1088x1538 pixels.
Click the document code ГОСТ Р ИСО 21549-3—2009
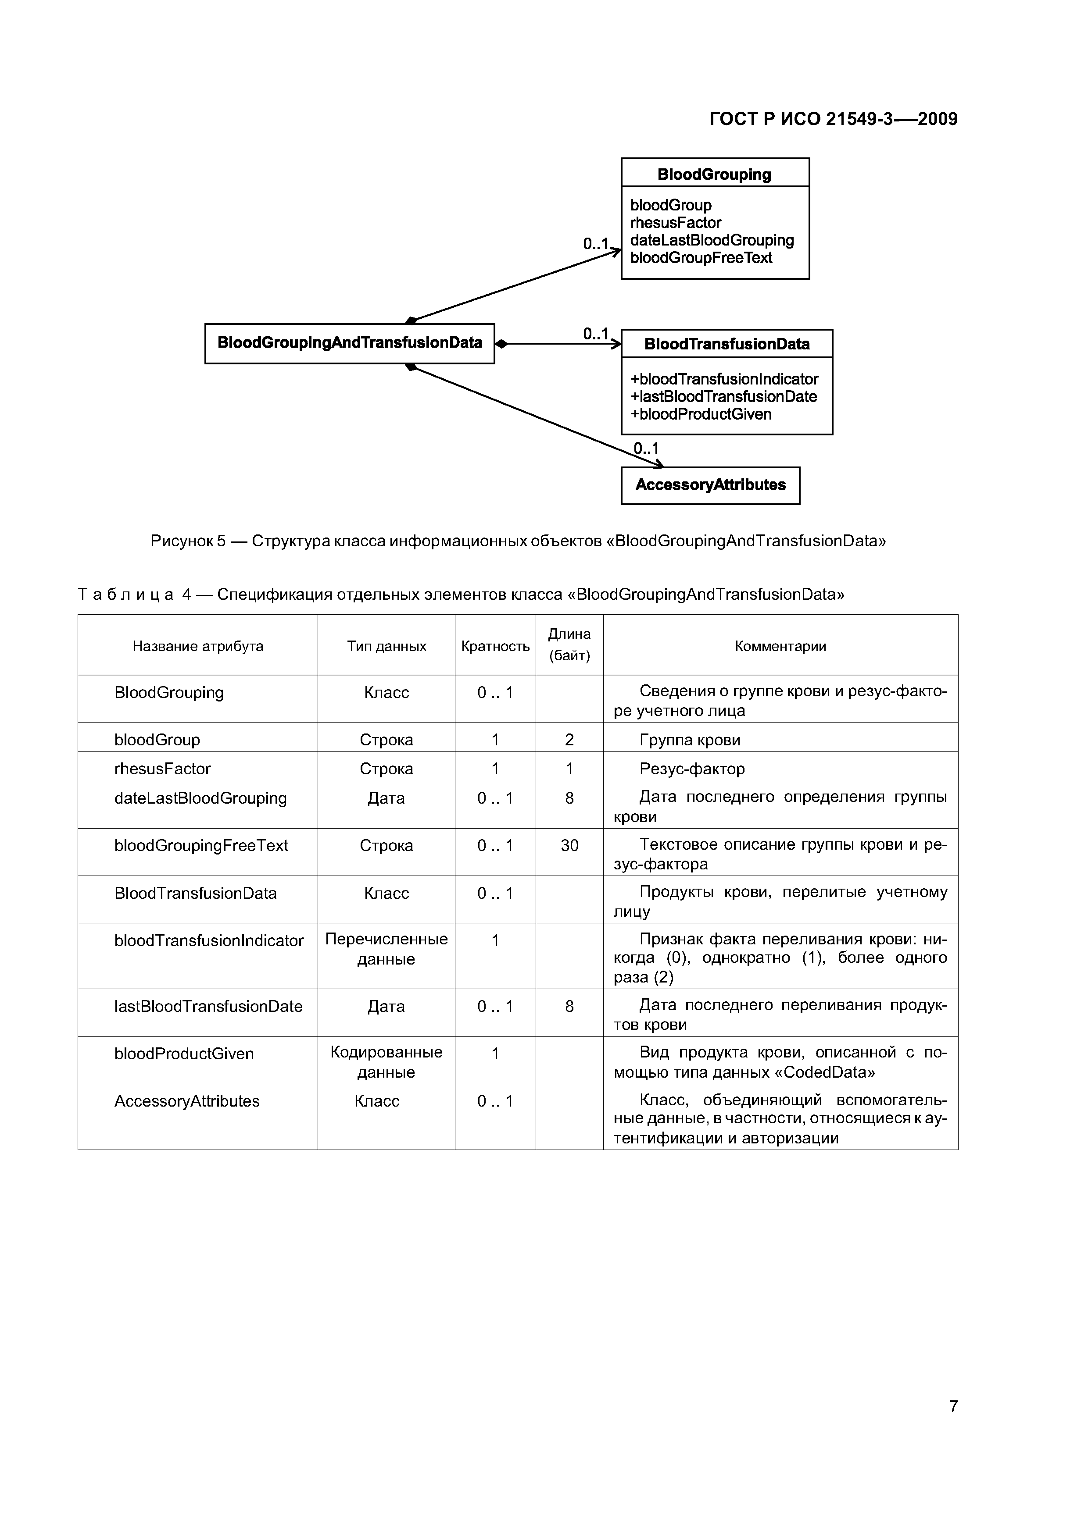click(833, 119)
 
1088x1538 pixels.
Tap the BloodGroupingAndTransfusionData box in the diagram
click(349, 343)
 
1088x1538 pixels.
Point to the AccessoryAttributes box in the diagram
click(710, 485)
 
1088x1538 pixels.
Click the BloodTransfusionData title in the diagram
click(726, 344)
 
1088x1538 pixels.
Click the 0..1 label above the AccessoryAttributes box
click(646, 448)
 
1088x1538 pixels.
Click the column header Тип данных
click(386, 646)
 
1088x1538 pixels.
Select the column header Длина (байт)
click(569, 644)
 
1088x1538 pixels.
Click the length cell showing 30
click(569, 845)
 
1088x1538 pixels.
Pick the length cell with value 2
click(569, 740)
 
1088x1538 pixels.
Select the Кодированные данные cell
click(386, 1062)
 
